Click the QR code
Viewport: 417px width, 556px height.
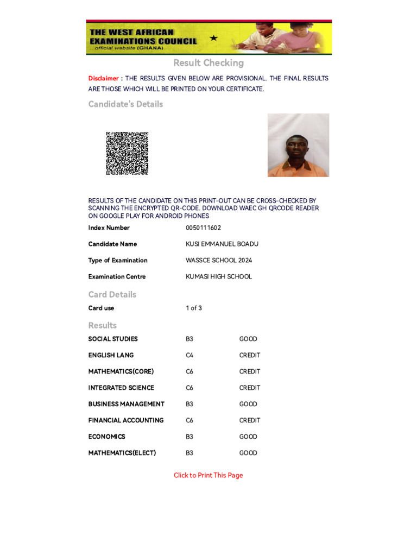[127, 153]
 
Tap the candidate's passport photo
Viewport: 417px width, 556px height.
[298, 145]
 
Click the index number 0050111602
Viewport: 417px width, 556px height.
[203, 228]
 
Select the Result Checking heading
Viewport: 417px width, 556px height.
[208, 63]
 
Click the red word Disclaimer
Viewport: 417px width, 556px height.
[103, 79]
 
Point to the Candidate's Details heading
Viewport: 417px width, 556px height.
[125, 104]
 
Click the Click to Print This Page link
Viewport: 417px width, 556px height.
[208, 476]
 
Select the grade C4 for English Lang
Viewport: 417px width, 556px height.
[189, 355]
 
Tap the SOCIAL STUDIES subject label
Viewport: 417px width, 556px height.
[113, 339]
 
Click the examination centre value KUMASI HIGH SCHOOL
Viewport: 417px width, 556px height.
[218, 277]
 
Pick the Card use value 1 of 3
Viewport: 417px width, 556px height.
[193, 308]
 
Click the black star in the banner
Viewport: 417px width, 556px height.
[213, 38]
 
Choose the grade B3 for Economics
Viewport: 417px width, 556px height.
[189, 437]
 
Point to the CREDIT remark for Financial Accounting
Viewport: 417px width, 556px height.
[249, 420]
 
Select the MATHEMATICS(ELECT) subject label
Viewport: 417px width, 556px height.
[122, 453]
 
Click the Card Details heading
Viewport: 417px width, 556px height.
[112, 294]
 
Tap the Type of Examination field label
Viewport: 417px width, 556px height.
[118, 261]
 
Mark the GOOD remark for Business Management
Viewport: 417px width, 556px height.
[248, 404]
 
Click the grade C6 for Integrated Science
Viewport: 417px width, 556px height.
[189, 388]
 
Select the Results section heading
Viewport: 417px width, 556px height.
[102, 325]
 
